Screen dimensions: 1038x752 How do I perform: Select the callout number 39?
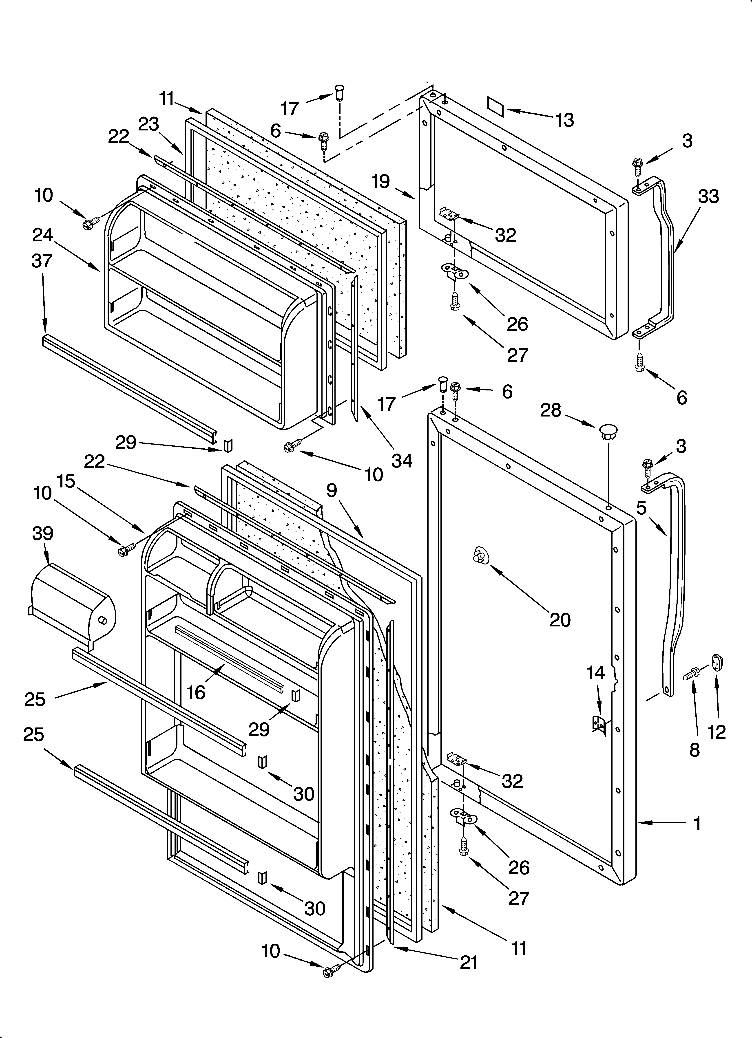pos(43,533)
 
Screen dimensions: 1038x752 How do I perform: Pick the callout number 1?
pos(697,824)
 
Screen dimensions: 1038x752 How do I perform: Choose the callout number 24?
pos(43,235)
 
